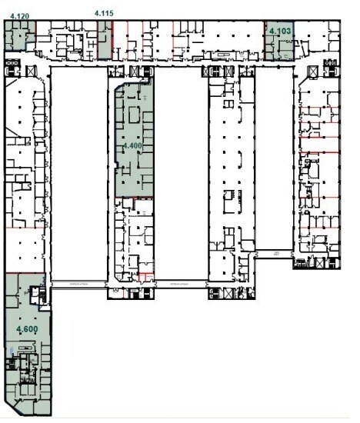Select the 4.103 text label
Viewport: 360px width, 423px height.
279,31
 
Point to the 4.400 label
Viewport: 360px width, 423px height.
132,145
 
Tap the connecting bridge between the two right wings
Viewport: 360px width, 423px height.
273,253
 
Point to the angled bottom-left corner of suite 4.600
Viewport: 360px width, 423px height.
11,404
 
